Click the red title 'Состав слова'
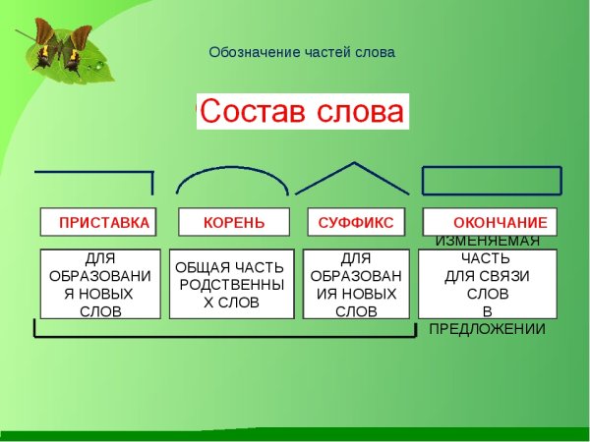[x=302, y=111]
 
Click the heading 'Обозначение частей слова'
[x=302, y=52]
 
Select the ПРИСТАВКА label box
[x=97, y=223]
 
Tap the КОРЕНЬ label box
[x=233, y=223]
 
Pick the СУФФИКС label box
[x=355, y=223]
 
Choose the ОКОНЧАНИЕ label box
[x=490, y=223]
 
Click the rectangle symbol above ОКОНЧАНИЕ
[x=491, y=181]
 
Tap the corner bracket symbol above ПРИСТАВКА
[x=98, y=174]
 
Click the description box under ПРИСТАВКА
[x=98, y=284]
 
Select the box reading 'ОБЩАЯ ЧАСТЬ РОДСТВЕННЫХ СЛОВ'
[x=231, y=284]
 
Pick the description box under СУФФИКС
[x=355, y=284]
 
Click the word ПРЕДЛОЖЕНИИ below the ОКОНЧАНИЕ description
[x=487, y=329]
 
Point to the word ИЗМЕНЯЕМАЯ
[x=487, y=242]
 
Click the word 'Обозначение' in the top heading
[x=248, y=52]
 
